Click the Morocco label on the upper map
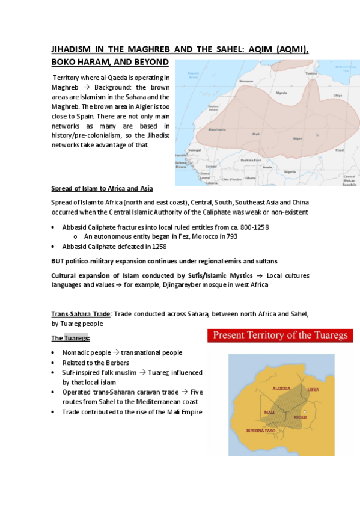click(x=246, y=81)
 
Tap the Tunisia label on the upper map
click(x=310, y=73)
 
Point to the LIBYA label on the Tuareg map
click(x=313, y=389)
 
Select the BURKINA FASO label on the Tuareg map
click(x=262, y=431)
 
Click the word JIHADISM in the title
click(x=74, y=50)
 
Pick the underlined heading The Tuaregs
click(x=70, y=338)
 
